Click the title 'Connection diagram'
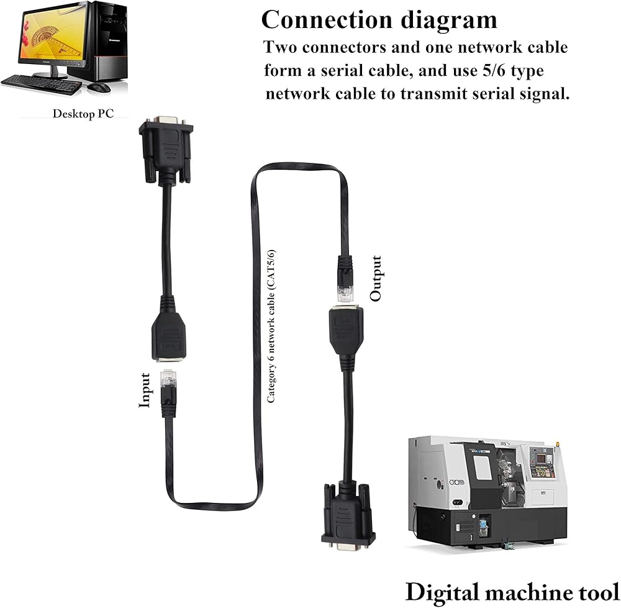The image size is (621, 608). pyautogui.click(x=379, y=20)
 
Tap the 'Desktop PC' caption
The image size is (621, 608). pyautogui.click(x=82, y=114)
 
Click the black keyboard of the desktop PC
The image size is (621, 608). pyautogui.click(x=41, y=84)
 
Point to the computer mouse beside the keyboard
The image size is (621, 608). pyautogui.click(x=98, y=87)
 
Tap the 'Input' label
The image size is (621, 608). pyautogui.click(x=145, y=390)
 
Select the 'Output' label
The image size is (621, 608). pyautogui.click(x=376, y=278)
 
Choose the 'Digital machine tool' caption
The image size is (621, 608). pyautogui.click(x=512, y=591)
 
